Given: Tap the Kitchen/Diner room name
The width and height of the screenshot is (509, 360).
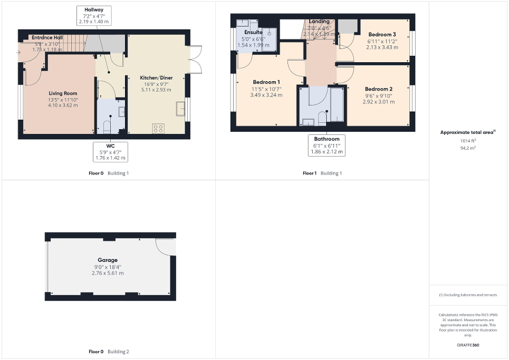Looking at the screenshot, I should (156, 77).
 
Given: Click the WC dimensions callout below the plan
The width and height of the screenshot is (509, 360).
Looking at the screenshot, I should (110, 152).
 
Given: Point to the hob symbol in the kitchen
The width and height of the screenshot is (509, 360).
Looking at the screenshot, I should (158, 128).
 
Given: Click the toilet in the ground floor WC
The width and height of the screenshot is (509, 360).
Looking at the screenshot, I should (107, 127).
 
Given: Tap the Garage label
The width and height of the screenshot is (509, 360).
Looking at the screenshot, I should (108, 260).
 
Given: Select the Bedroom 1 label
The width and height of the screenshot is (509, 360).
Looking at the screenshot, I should (266, 82).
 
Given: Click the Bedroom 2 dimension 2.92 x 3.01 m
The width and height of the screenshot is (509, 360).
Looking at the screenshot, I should (378, 102).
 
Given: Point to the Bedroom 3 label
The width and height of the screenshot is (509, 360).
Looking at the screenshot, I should (382, 34).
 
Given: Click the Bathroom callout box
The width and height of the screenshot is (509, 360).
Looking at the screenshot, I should (326, 145).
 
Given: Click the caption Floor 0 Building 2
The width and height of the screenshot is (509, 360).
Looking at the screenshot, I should (109, 351).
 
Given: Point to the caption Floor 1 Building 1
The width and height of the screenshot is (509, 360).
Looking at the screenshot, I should (322, 173).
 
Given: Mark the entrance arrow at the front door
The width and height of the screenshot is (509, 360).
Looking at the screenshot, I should (19, 52).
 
